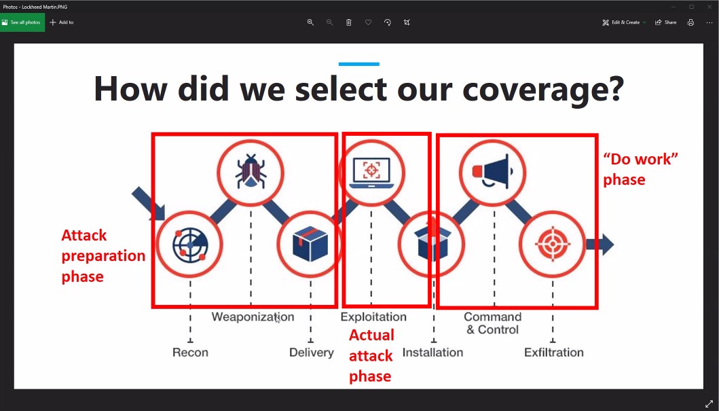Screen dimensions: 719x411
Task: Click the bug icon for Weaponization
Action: click(251, 172)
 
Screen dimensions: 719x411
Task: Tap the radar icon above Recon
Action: click(190, 244)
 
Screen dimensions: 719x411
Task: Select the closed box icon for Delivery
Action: click(310, 243)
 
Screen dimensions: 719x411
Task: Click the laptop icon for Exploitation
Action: click(371, 173)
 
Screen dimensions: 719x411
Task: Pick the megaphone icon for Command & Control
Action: click(492, 172)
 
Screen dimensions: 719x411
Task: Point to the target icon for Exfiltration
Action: click(553, 244)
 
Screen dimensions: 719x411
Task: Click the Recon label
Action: click(190, 353)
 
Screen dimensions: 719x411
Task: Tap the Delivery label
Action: click(312, 353)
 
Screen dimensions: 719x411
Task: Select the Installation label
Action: click(432, 353)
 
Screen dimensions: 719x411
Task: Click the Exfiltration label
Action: click(554, 353)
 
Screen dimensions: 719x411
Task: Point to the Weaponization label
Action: click(253, 317)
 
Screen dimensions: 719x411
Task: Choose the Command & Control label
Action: click(492, 323)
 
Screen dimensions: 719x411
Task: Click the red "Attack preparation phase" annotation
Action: click(103, 255)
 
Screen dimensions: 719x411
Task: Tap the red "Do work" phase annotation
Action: click(640, 168)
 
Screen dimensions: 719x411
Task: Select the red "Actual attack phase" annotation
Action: click(371, 355)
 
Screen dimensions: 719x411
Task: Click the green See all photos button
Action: click(22, 22)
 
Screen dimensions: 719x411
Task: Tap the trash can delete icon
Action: click(348, 22)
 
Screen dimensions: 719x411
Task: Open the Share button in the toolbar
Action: click(665, 22)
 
